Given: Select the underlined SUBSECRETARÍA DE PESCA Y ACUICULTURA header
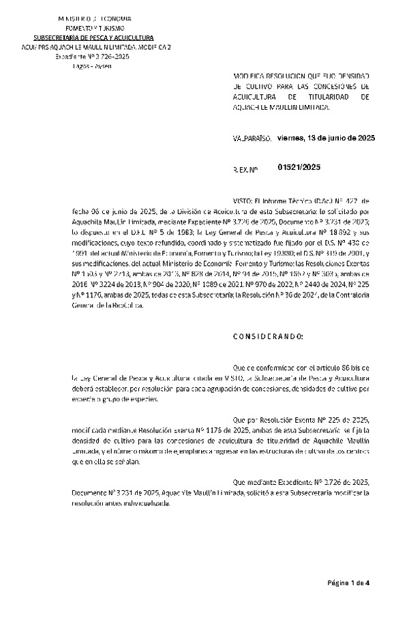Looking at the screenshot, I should click(x=94, y=38).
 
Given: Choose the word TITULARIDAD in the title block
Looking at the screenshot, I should click(x=314, y=98).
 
